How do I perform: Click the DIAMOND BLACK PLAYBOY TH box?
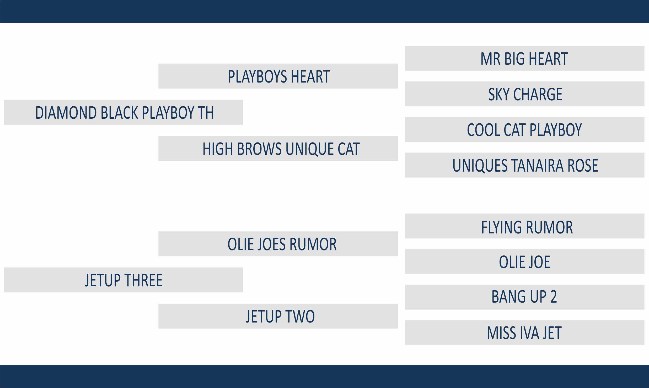[x=124, y=112]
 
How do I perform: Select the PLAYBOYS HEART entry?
[x=278, y=76]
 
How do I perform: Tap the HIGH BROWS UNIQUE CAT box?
[x=278, y=148]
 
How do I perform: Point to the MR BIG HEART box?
[x=524, y=58]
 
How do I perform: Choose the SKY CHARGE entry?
[x=524, y=94]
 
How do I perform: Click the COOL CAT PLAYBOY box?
[x=524, y=129]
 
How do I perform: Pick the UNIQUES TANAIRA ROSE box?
[x=524, y=165]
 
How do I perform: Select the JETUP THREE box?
[x=124, y=280]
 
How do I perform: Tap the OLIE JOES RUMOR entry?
[x=278, y=244]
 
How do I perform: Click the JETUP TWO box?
[x=278, y=316]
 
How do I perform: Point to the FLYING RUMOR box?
[x=524, y=226]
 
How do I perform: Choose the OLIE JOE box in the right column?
[x=524, y=261]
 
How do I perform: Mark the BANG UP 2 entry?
[x=524, y=297]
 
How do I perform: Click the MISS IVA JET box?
[x=524, y=333]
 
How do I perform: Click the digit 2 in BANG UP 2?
[x=554, y=297]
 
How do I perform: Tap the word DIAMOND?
[x=66, y=113]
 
